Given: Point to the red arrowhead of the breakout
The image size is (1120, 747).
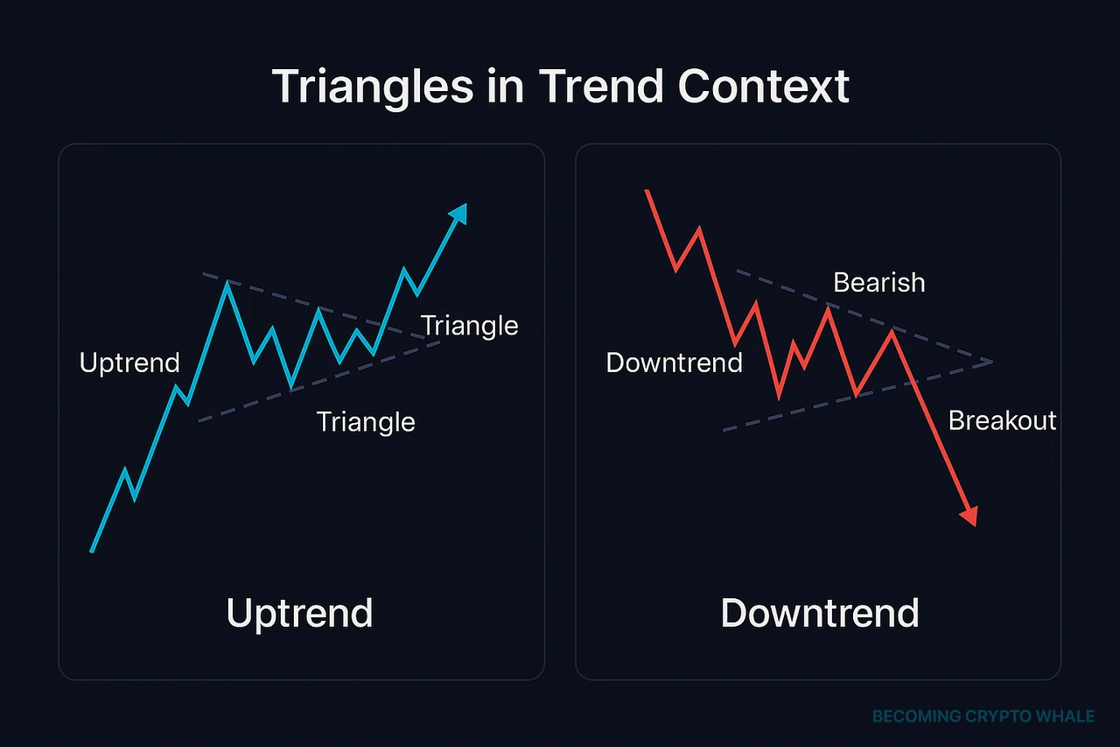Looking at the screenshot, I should point(968,517).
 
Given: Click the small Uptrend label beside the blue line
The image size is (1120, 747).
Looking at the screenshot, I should point(129,363).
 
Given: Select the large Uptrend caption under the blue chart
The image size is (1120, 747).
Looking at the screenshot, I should point(299,613).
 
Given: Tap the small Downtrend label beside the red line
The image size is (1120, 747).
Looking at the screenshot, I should point(674,363).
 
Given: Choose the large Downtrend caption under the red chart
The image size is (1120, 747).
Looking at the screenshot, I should point(820,613).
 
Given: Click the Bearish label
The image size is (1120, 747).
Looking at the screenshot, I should point(878,282).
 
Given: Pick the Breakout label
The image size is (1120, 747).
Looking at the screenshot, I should point(1002,420).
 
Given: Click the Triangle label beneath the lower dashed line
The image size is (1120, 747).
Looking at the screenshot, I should point(366,421).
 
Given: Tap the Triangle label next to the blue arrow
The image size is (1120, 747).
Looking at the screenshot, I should point(469,326).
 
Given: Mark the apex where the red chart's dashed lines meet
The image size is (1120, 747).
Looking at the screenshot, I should point(992,361).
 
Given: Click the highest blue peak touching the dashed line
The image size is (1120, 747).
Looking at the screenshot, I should point(227,282).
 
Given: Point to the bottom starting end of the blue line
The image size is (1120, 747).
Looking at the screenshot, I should point(92,551).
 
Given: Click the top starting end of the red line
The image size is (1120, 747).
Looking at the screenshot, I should point(647,190).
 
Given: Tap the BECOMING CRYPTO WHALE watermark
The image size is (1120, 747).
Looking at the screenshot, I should point(983,716).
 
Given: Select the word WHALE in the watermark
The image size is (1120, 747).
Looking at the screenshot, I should point(1067,716).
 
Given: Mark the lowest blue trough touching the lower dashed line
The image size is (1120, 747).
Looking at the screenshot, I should point(290,387).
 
